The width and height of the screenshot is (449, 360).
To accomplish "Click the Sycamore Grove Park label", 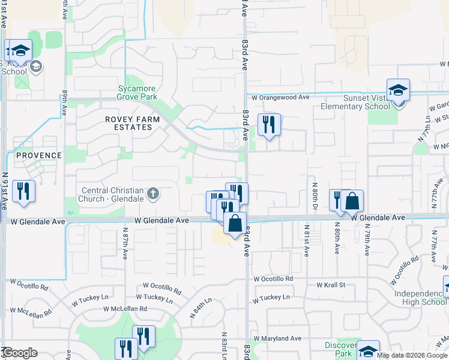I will pyautogui.click(x=137, y=92).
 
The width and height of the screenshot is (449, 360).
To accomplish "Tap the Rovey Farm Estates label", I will pyautogui.click(x=133, y=123).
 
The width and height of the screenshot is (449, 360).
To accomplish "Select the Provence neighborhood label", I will pyautogui.click(x=39, y=155).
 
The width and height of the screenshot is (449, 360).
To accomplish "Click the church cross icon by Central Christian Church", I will pyautogui.click(x=153, y=193).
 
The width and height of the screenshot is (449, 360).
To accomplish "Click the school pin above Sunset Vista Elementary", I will pyautogui.click(x=398, y=91).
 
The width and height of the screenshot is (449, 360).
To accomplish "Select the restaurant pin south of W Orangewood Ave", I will pyautogui.click(x=268, y=125).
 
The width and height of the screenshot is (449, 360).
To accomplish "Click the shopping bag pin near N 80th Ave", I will pyautogui.click(x=353, y=201).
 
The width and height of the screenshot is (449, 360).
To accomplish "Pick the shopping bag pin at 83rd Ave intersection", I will pyautogui.click(x=235, y=223).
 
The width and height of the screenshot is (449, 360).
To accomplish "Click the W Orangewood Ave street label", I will pyautogui.click(x=280, y=97).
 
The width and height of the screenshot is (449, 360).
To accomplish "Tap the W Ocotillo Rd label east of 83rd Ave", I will pyautogui.click(x=273, y=279).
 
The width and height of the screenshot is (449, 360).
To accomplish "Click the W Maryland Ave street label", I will pyautogui.click(x=277, y=338).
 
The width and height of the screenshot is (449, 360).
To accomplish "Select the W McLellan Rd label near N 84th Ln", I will pyautogui.click(x=125, y=308).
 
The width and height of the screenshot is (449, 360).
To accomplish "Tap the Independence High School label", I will pyautogui.click(x=420, y=297).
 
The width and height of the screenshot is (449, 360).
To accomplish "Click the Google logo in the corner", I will pyautogui.click(x=19, y=353).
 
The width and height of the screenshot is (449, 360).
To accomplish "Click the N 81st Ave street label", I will pyautogui.click(x=306, y=241).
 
